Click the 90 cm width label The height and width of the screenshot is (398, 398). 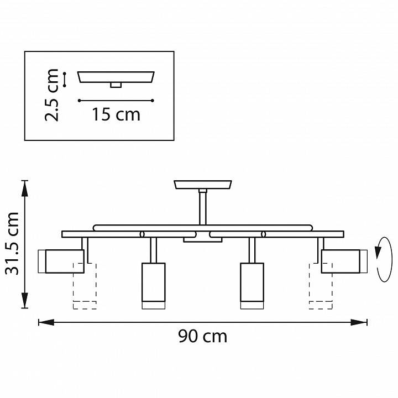click(x=202, y=336)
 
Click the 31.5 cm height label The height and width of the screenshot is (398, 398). click(x=12, y=243)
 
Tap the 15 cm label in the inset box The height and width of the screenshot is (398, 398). click(x=116, y=114)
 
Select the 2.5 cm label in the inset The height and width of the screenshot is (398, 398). click(x=53, y=95)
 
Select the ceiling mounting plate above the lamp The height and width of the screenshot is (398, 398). click(x=203, y=184)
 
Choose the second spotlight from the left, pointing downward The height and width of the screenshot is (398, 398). click(x=153, y=285)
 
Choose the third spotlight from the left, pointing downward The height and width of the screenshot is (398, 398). click(x=252, y=285)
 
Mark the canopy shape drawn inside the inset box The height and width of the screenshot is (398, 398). click(x=116, y=76)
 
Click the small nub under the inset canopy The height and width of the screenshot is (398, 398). click(x=116, y=85)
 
